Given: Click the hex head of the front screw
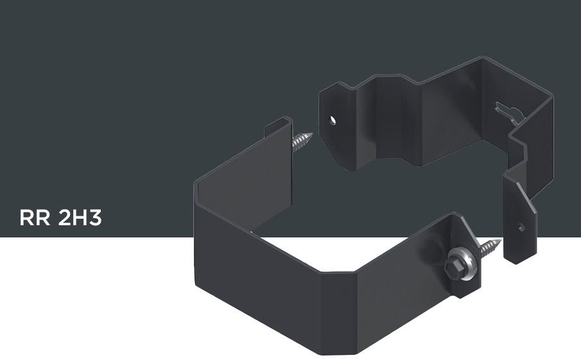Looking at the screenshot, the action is [453, 268].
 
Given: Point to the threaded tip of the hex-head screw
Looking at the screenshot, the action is [490, 248].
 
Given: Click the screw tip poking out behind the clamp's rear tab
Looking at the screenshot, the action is [302, 142].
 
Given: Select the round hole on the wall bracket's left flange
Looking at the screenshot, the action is [333, 120].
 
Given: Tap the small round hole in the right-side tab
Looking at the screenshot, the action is [521, 227].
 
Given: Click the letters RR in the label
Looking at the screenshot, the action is [35, 218].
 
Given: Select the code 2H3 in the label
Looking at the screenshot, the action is [80, 218].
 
